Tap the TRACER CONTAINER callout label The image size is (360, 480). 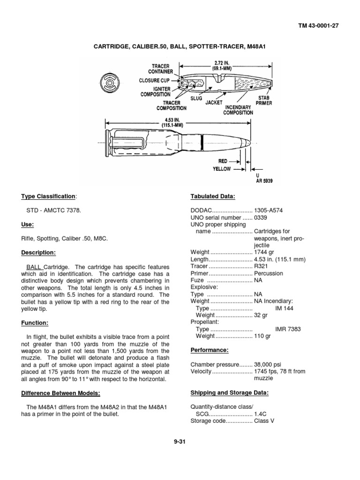pyautogui.click(x=160, y=69)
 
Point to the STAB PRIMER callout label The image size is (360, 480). pyautogui.click(x=264, y=100)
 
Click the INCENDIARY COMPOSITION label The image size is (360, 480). pyautogui.click(x=238, y=110)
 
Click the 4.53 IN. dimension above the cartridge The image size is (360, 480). pyautogui.click(x=171, y=122)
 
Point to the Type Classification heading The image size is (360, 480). pyautogui.click(x=48, y=196)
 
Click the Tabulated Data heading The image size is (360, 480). pyautogui.click(x=213, y=196)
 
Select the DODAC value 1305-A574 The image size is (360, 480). pyautogui.click(x=268, y=210)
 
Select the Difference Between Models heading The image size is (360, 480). pyautogui.click(x=60, y=393)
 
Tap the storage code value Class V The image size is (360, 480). pyautogui.click(x=264, y=421)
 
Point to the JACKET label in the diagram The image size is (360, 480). pyautogui.click(x=213, y=102)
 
